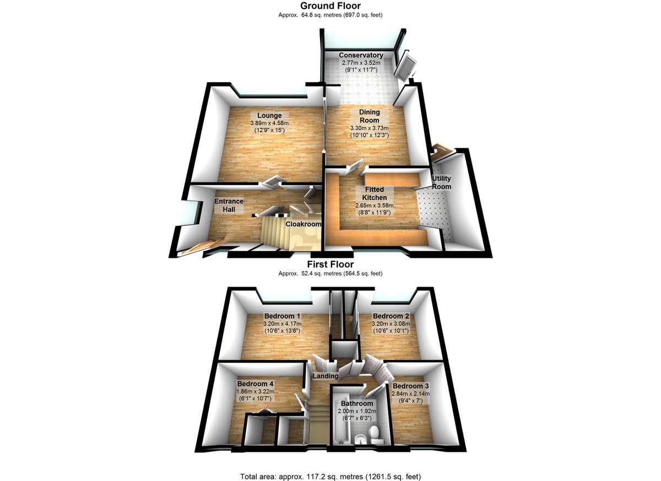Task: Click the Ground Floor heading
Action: (330, 6)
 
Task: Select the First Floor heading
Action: (330, 264)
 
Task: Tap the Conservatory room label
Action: (361, 55)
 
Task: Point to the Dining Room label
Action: (370, 116)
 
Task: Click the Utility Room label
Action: (441, 182)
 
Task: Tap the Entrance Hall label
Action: (229, 205)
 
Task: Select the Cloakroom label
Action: (300, 224)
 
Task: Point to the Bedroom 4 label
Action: (255, 384)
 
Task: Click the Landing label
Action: (326, 376)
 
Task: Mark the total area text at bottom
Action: (330, 476)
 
